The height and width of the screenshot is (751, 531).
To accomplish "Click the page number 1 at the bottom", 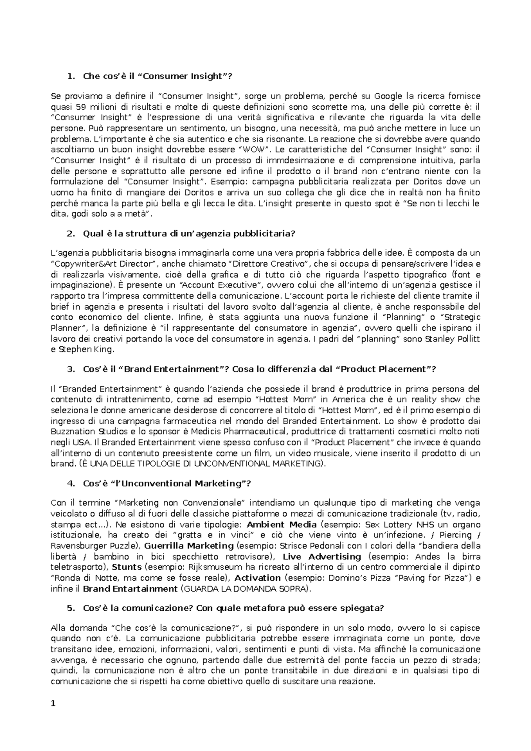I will tap(53, 705).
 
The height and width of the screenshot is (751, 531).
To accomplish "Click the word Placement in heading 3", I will tap(403, 369).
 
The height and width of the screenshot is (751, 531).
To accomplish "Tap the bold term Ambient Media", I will tap(281, 525).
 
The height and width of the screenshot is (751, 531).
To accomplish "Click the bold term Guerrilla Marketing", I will tap(189, 546).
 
